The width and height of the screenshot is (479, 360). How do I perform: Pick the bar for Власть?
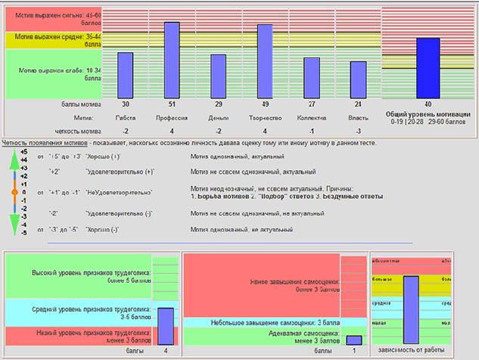pyautogui.click(x=356, y=78)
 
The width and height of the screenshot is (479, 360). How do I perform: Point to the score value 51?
pyautogui.click(x=172, y=104)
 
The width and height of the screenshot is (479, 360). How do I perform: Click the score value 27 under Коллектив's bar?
pyautogui.click(x=310, y=104)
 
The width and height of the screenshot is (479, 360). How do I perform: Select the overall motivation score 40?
pyautogui.click(x=428, y=104)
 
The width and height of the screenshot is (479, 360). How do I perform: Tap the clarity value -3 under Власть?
pyautogui.click(x=356, y=130)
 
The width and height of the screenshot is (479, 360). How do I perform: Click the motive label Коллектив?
pyautogui.click(x=310, y=118)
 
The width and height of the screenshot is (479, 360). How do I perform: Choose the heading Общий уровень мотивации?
pyautogui.click(x=428, y=114)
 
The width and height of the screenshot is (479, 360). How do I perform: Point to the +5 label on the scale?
pyautogui.click(x=23, y=151)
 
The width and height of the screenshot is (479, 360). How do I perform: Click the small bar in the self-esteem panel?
pyautogui.click(x=353, y=340)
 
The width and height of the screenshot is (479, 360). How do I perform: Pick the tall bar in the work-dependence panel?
pyautogui.click(x=411, y=309)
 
